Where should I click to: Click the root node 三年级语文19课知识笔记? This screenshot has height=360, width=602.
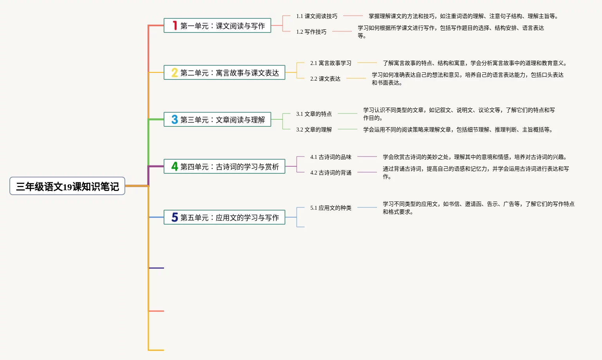tap(67, 186)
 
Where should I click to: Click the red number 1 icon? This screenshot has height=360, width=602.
tap(175, 26)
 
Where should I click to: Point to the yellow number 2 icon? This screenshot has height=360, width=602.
tap(175, 73)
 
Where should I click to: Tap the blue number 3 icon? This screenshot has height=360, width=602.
tap(175, 120)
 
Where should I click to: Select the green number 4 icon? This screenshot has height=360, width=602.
tap(175, 167)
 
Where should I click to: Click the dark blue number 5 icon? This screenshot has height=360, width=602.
tap(175, 218)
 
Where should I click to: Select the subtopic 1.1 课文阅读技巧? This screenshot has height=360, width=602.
tap(317, 16)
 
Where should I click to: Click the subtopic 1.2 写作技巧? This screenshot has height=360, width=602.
tap(311, 32)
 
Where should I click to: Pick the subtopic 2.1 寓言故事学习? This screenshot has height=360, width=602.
tap(331, 63)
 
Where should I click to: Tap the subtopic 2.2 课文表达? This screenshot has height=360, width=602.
tap(325, 79)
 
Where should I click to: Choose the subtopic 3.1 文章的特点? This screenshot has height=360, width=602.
tap(314, 114)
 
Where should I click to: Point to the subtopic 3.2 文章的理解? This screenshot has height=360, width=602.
tap(314, 130)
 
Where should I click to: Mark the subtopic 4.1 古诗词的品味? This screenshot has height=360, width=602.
tap(331, 157)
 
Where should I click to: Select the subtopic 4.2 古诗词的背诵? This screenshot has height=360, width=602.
tap(331, 173)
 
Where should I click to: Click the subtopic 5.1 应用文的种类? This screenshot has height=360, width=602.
tap(331, 208)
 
